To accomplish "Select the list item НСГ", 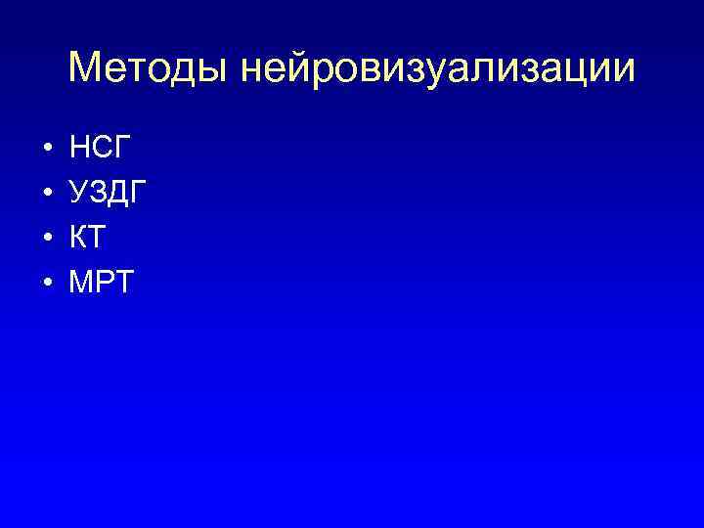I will tap(101, 149).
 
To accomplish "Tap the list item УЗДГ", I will tap(110, 194).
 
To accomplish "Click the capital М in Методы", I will tap(88, 68).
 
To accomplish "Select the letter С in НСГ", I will tap(105, 149).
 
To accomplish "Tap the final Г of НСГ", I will tap(124, 149).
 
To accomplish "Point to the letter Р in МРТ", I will tap(107, 284).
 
